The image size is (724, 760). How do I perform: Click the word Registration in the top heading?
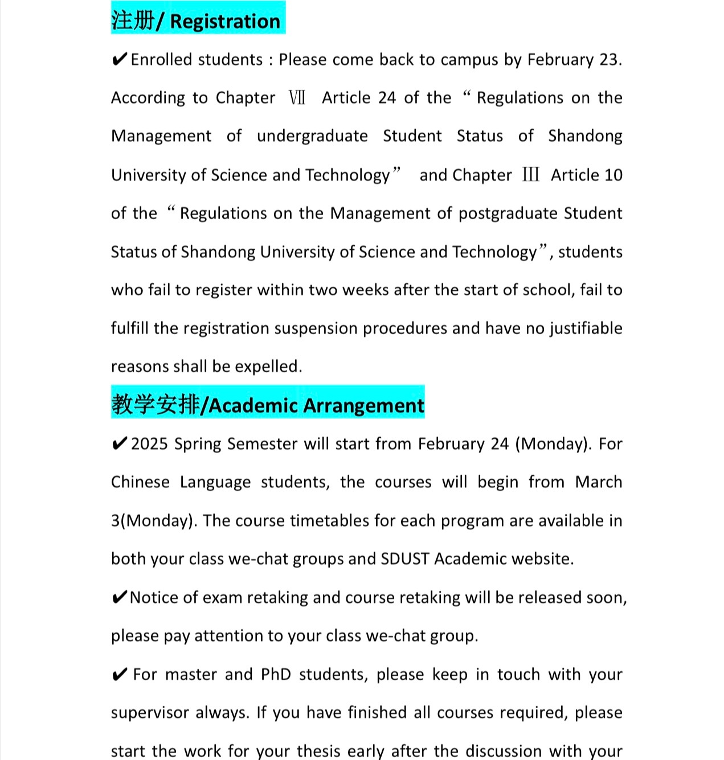225,21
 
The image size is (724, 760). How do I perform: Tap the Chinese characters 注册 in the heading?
133,20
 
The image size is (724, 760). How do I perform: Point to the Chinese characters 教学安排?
156,405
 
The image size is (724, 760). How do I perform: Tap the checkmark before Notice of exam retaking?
119,598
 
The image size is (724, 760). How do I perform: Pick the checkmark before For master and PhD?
119,675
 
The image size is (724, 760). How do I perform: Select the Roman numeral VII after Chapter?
297,98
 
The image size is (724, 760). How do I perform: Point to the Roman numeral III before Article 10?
530,175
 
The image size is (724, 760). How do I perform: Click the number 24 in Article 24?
387,98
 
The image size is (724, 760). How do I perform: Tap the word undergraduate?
312,136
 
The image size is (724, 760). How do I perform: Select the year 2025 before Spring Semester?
149,444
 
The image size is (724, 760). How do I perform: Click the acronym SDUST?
404,559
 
